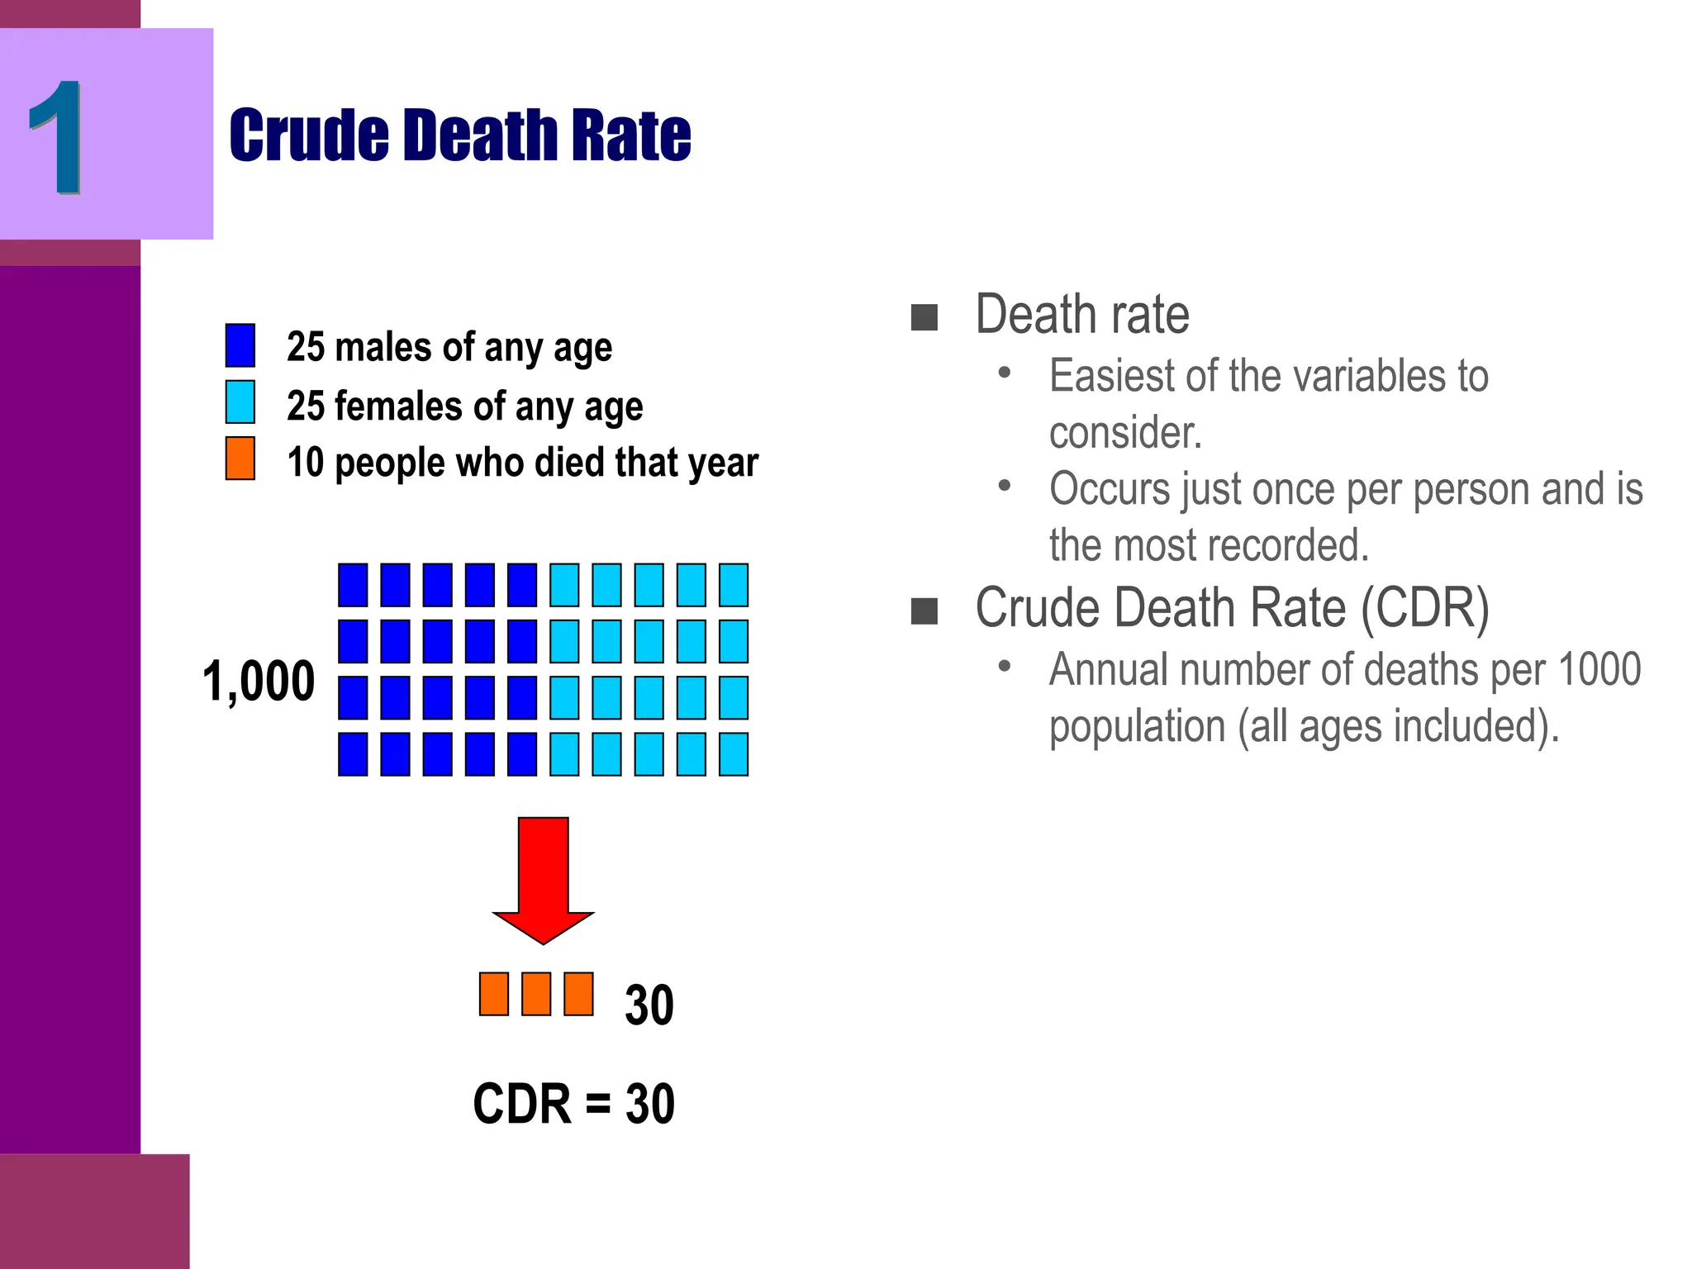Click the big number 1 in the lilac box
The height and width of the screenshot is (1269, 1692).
click(x=56, y=137)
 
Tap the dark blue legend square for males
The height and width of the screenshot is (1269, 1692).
click(x=240, y=345)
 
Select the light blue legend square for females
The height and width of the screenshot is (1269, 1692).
click(x=240, y=402)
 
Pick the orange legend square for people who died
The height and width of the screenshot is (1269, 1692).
click(x=240, y=459)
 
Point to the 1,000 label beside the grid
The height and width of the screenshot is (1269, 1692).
click(x=259, y=682)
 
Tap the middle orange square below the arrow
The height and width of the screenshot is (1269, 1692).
click(x=536, y=994)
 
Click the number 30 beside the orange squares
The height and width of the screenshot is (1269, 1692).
click(x=649, y=1005)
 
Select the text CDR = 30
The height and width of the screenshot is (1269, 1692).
click(x=573, y=1104)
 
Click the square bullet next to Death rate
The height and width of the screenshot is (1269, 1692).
click(x=924, y=317)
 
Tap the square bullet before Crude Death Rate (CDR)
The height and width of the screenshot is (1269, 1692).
click(x=924, y=611)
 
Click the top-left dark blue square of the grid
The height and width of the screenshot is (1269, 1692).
click(x=353, y=585)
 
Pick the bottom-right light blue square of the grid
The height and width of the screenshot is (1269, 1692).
click(x=734, y=753)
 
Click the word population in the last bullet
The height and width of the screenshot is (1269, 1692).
click(x=1137, y=727)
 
